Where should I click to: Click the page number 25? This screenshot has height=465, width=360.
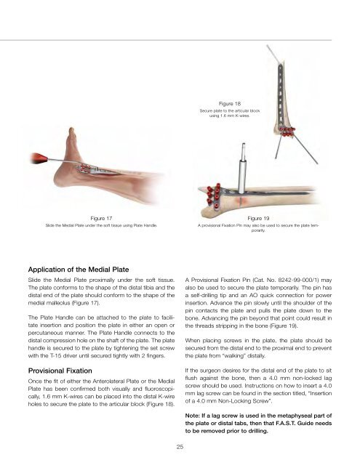[180, 447]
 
